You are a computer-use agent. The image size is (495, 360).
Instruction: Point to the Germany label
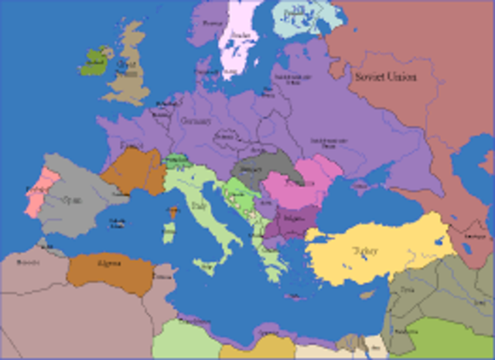tap(195, 122)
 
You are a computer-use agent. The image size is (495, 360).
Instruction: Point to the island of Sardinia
tap(168, 232)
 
